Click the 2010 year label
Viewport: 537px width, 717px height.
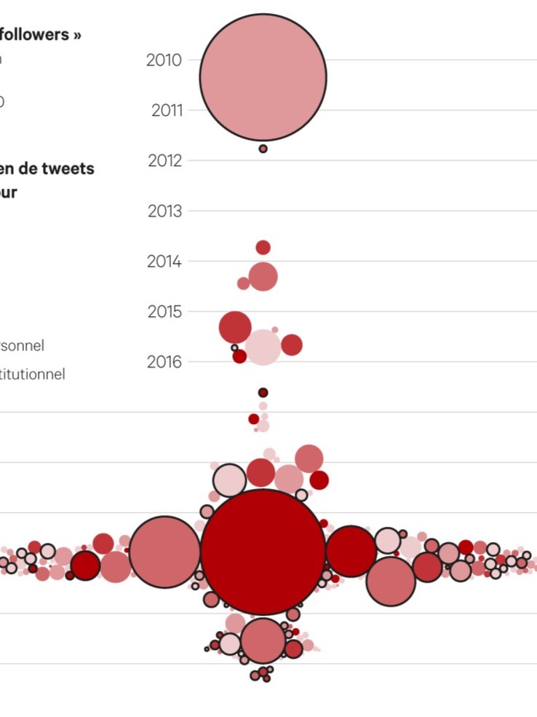point(164,60)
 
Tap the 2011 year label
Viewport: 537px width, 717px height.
point(167,111)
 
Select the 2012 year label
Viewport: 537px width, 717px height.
point(164,160)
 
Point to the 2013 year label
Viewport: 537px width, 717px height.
point(164,211)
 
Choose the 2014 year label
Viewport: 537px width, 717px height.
point(164,262)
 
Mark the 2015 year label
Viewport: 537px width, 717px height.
point(164,312)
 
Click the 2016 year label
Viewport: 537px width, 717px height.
point(164,362)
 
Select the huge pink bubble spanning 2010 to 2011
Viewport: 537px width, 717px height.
point(263,77)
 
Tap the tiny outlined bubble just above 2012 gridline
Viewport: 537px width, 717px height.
point(263,149)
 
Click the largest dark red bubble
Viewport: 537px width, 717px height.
point(263,552)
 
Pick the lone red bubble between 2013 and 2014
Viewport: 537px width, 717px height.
point(263,247)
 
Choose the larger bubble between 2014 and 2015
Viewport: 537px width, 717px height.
point(263,276)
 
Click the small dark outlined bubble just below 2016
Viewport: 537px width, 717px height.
point(263,393)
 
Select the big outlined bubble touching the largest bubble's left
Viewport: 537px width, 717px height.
point(165,552)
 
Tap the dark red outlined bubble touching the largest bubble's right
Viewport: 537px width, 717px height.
point(351,551)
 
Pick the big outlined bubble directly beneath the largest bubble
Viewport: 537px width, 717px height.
point(263,640)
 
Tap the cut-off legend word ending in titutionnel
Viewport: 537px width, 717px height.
point(33,375)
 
